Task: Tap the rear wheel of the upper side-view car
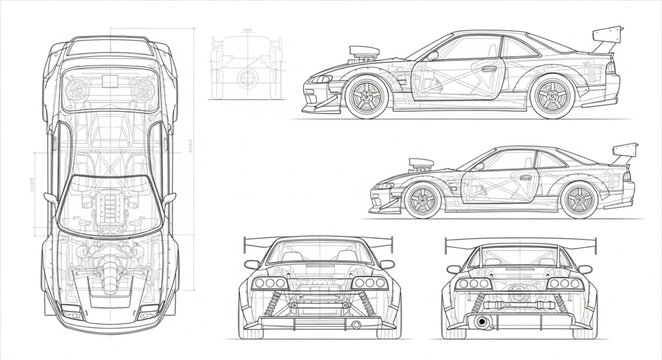[550, 97]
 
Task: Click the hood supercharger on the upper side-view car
[358, 55]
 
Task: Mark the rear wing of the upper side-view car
[604, 40]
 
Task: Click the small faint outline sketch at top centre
[240, 61]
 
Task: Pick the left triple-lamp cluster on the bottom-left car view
[269, 283]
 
